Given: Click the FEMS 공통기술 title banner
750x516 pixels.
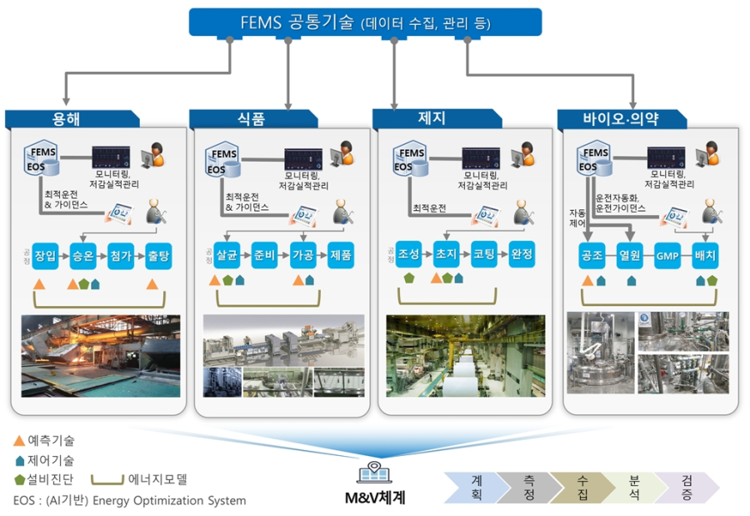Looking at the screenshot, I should pos(365,23).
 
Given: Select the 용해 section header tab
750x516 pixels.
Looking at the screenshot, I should pos(66,118).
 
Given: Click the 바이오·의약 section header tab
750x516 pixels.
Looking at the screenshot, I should pos(621,118).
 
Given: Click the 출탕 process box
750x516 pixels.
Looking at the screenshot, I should pos(159,255).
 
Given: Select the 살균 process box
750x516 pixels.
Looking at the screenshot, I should pos(227,254).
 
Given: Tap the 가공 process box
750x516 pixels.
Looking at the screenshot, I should pos(302,254).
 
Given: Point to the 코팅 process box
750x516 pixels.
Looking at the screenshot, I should pos(484,253).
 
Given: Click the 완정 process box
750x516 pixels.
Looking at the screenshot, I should pos(522,253).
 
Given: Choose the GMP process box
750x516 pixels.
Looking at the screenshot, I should pos(668,255).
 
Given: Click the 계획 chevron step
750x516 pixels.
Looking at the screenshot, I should pos(477,488).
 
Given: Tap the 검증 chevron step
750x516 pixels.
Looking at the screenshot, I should pos(686,488).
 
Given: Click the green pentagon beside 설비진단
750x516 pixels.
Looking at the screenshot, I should pos(18,479).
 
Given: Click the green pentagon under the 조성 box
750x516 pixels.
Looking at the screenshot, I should pos(409,278).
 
